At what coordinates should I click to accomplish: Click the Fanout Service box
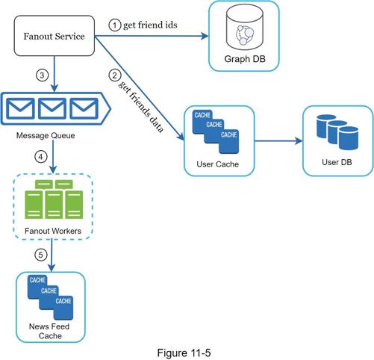pos(54,36)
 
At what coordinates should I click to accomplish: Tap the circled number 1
pos(115,25)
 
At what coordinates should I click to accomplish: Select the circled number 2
pos(115,75)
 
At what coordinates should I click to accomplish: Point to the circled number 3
pos(42,75)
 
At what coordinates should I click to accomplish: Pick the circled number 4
pos(41,157)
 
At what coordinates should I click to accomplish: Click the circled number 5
pos(41,255)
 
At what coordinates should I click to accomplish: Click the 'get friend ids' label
pos(150,25)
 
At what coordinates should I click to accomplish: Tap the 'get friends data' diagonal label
pos(141,107)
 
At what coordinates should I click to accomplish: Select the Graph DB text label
pos(245,59)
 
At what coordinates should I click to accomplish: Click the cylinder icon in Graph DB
pos(245,28)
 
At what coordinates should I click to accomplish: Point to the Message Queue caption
pos(46,135)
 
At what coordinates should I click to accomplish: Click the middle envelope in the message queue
pos(52,108)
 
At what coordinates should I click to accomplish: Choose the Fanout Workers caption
pos(53,231)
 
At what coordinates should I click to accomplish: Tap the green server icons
pos(54,199)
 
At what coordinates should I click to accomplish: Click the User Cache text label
pos(218,164)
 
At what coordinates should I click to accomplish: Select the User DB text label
pos(337,162)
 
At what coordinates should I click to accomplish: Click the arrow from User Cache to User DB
pos(278,141)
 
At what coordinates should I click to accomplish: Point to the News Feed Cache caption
pos(49,331)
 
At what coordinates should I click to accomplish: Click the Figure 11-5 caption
pos(184,353)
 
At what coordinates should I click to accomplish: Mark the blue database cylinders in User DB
pos(337,132)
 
